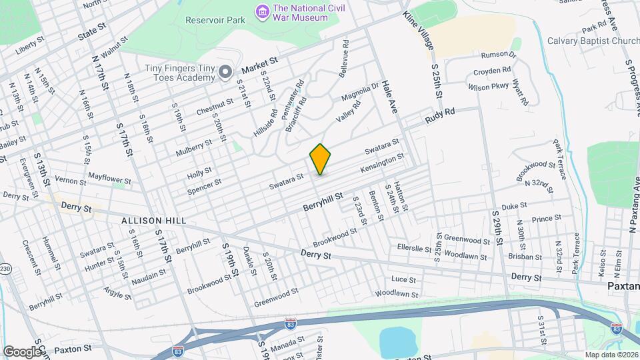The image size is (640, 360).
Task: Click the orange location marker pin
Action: pos(320,159)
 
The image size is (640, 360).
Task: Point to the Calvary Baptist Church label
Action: pos(593,40)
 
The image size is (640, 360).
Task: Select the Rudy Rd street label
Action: pos(440,115)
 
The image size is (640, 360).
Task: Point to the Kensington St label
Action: pos(382,164)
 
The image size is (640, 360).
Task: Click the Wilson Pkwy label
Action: pos(488,87)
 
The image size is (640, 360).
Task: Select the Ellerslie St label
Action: pos(415,248)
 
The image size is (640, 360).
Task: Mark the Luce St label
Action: pos(404,280)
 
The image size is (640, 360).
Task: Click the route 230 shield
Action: pos(5,269)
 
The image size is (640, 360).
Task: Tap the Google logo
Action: pos(21,351)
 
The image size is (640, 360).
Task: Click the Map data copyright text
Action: pos(611,355)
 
